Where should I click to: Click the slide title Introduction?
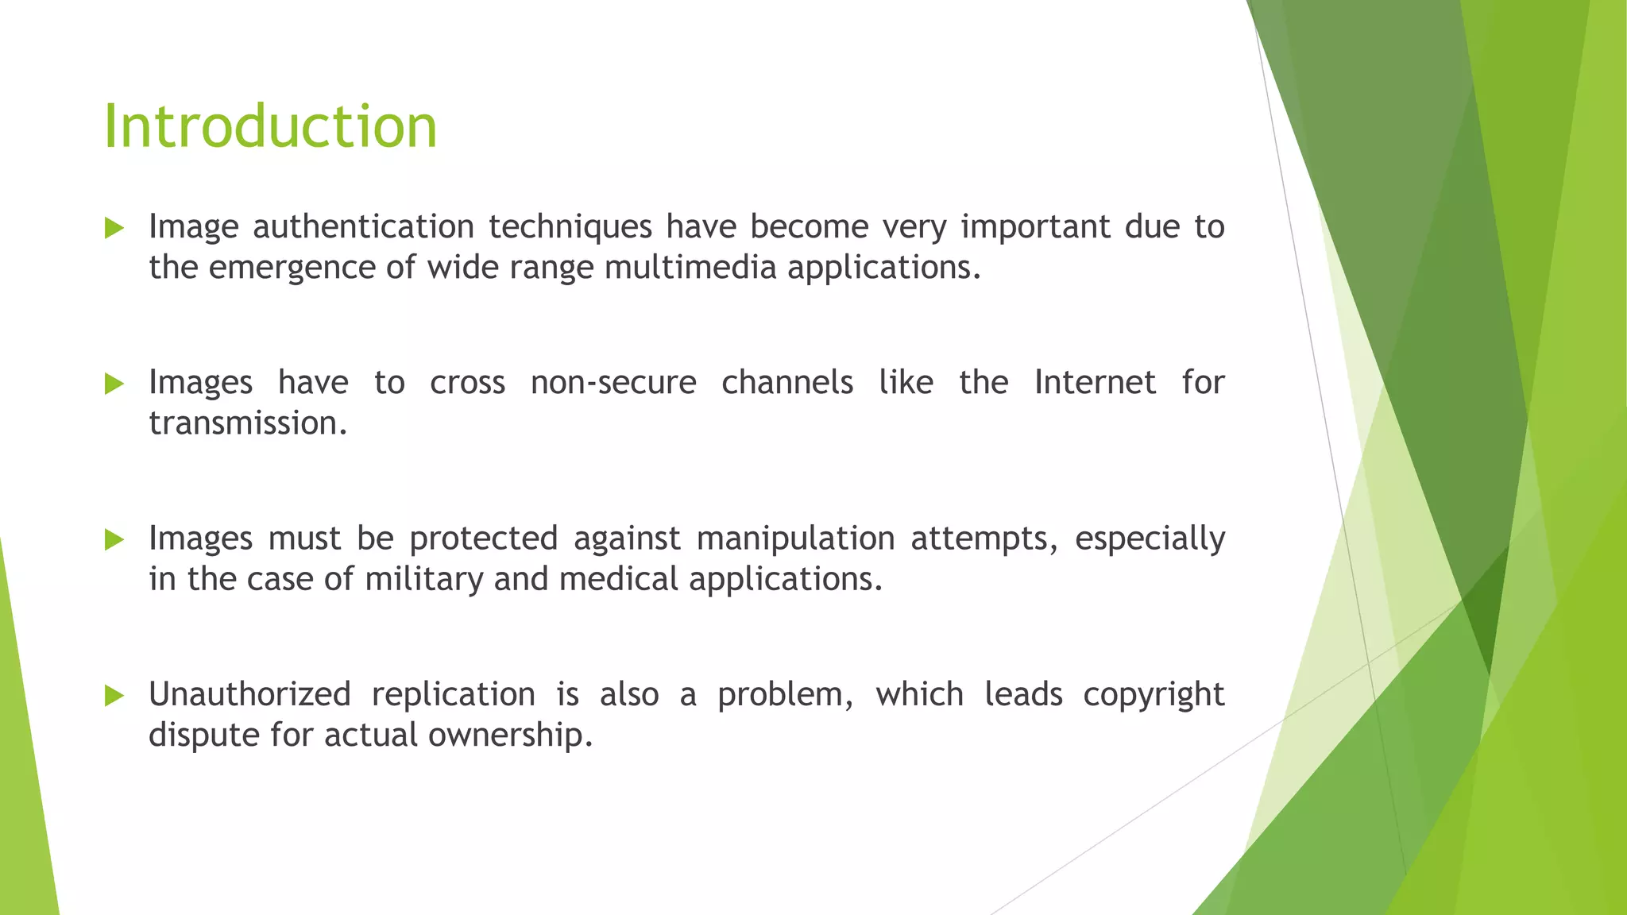point(270,127)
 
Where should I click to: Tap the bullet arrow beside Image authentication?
point(114,229)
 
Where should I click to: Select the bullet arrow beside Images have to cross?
point(114,384)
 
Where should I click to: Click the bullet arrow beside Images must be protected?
point(114,540)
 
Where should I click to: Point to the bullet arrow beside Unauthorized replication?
point(114,696)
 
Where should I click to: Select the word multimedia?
point(690,268)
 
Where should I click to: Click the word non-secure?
point(613,383)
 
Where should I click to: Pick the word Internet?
point(1094,383)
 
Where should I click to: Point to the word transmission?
point(248,423)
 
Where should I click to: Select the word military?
point(423,580)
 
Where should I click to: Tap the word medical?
point(618,579)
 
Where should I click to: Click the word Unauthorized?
point(249,695)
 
